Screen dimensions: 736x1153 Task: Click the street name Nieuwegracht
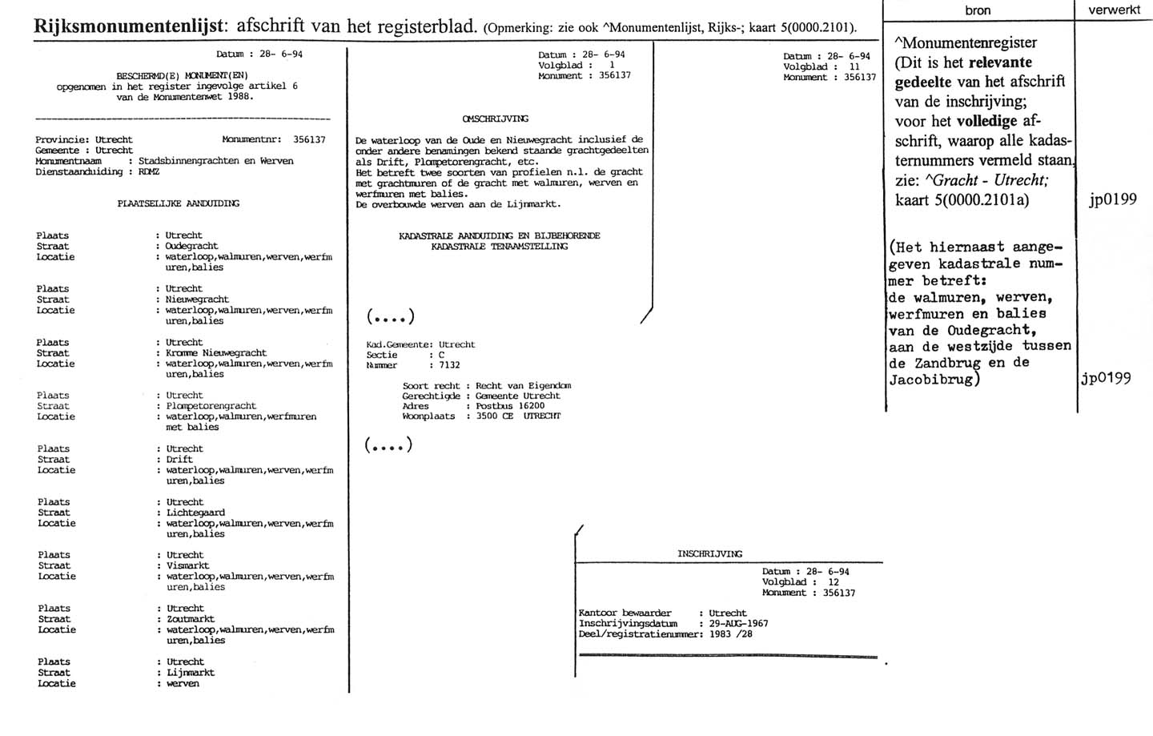pyautogui.click(x=196, y=300)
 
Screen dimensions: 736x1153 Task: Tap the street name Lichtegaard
pyautogui.click(x=195, y=513)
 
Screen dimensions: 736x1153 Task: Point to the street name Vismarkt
pyautogui.click(x=187, y=565)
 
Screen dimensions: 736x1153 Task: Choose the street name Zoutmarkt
pyautogui.click(x=191, y=619)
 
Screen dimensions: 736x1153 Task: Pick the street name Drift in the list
pyautogui.click(x=179, y=460)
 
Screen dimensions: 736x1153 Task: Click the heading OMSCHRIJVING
pyautogui.click(x=496, y=119)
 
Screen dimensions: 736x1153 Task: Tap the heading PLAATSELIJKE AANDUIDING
pyautogui.click(x=178, y=203)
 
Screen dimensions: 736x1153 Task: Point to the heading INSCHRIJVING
pyautogui.click(x=709, y=553)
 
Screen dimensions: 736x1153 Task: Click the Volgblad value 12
pyautogui.click(x=834, y=582)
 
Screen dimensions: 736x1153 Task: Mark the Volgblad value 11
pyautogui.click(x=854, y=67)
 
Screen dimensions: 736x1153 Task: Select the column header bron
pyautogui.click(x=978, y=10)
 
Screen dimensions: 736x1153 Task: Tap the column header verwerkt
pyautogui.click(x=1114, y=10)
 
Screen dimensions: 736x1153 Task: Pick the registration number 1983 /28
pyautogui.click(x=730, y=634)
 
